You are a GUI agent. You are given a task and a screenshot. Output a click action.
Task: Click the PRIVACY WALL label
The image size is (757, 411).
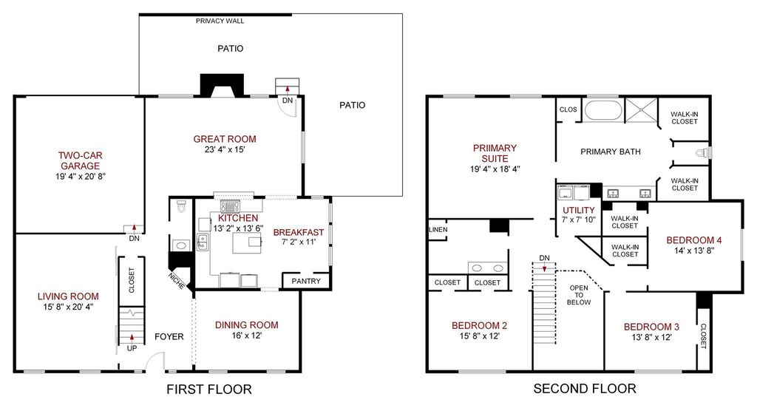[x=220, y=21]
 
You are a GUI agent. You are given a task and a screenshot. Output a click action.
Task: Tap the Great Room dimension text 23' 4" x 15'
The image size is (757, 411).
[x=225, y=150]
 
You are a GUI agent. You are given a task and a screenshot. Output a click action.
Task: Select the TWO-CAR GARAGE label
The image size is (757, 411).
[x=80, y=160]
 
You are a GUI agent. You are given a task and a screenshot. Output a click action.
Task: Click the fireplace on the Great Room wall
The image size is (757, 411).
[x=222, y=86]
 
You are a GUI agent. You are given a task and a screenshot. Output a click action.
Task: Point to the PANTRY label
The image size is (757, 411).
[x=306, y=281]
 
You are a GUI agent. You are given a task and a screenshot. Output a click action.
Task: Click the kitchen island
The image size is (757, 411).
[x=247, y=243]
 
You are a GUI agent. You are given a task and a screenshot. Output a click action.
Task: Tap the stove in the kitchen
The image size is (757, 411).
[x=229, y=206]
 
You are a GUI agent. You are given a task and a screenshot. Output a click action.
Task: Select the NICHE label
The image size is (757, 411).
[x=177, y=281]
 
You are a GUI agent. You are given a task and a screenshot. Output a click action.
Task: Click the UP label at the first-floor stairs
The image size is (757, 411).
[x=132, y=348]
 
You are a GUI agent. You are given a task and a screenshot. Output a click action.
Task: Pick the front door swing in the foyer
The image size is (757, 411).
[x=155, y=360]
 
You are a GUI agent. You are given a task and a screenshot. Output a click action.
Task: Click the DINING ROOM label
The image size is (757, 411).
[x=247, y=325]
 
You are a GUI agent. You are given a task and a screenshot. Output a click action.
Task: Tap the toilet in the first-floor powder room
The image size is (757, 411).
[x=182, y=207]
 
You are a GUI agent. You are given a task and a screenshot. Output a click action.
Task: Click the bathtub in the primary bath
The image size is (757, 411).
[x=603, y=109]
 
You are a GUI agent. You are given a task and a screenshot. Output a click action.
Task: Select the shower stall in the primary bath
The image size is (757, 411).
[x=642, y=110]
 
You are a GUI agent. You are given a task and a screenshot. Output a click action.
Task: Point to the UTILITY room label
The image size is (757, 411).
[x=579, y=210]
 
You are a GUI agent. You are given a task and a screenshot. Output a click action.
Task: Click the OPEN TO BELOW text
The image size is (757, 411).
[x=579, y=295]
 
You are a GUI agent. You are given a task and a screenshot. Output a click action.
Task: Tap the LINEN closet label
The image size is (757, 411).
[x=438, y=229]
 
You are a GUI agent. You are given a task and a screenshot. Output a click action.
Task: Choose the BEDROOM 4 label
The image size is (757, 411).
[x=693, y=240]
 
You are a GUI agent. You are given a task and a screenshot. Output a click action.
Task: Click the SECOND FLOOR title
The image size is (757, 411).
[x=585, y=388]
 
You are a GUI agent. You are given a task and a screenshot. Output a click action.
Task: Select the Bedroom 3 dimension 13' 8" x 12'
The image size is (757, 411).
[x=652, y=338]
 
